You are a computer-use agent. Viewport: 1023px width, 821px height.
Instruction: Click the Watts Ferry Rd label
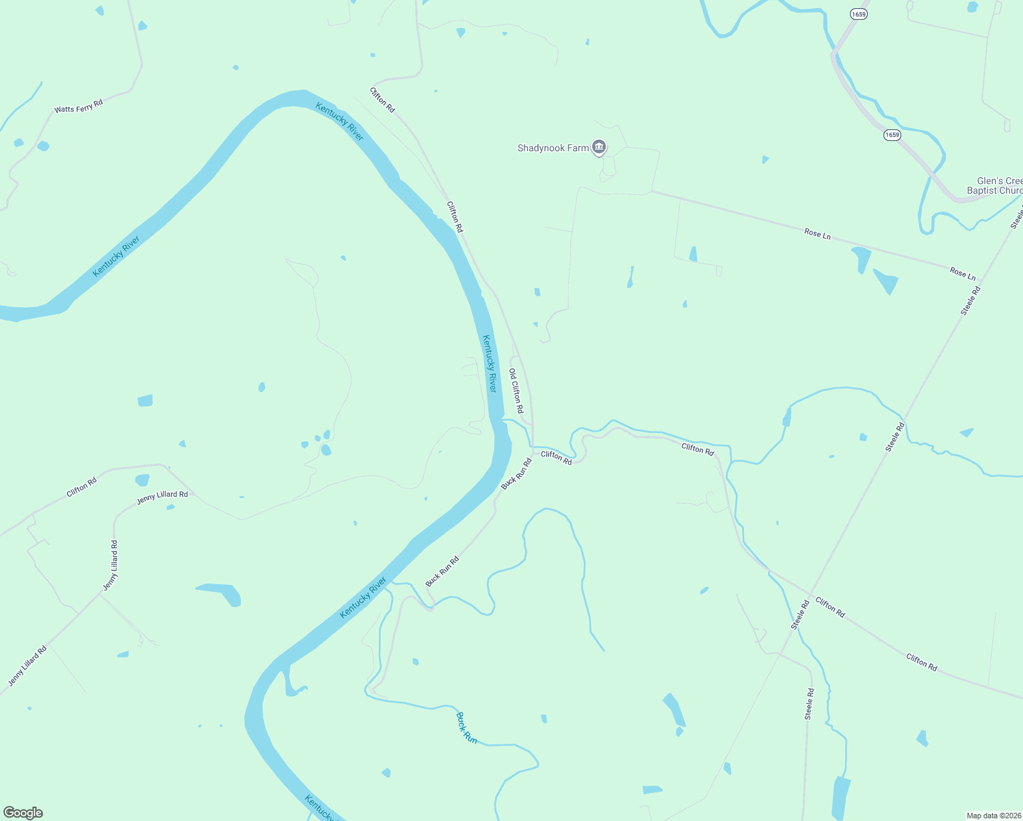(79, 106)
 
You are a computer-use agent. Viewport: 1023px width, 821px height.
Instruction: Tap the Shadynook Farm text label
(553, 148)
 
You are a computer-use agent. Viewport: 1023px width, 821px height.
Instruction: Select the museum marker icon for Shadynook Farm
(599, 146)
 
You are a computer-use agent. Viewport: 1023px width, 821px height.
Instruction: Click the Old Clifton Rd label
(516, 391)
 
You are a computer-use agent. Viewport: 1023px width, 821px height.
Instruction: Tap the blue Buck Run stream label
(466, 728)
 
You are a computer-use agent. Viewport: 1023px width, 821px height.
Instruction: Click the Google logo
(23, 813)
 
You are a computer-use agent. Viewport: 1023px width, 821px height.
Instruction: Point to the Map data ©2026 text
(993, 816)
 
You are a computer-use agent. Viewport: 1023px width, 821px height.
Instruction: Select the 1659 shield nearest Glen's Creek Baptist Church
(892, 135)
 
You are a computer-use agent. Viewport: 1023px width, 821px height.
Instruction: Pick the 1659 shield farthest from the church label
(860, 14)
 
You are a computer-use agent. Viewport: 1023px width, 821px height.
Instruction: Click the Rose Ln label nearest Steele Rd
(963, 274)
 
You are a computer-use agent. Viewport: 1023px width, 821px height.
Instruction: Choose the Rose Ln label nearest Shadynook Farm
(817, 234)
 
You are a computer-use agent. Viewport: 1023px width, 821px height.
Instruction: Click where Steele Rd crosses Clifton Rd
(811, 595)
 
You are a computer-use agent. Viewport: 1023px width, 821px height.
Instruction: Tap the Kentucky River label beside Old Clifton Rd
(490, 363)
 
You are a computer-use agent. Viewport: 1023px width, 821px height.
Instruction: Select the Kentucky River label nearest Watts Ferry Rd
(116, 257)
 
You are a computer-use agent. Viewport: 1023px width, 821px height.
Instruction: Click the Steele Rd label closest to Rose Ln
(970, 300)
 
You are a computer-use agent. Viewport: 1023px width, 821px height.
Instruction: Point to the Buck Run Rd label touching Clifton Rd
(517, 473)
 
